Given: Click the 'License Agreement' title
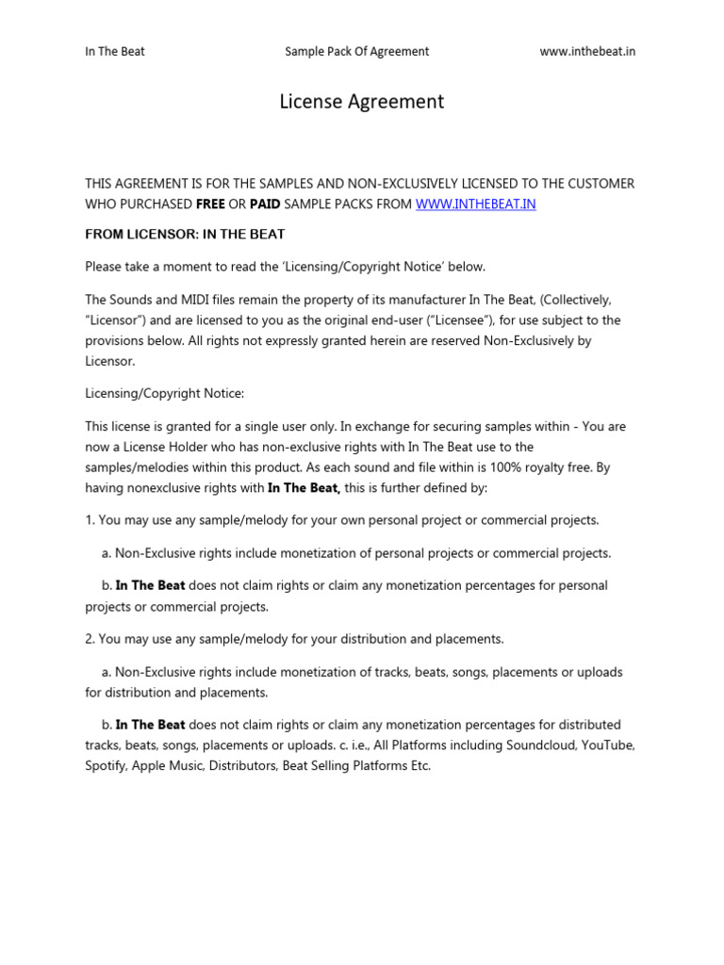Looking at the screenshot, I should tap(361, 102).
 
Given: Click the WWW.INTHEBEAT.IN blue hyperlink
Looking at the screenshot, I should tap(476, 204).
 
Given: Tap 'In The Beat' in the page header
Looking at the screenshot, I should tap(115, 51).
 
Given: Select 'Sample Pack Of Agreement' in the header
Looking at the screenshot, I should tap(356, 51).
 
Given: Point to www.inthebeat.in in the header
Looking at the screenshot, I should tap(587, 51).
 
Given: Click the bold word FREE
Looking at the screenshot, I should tap(210, 204).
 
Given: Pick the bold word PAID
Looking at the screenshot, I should tap(265, 204).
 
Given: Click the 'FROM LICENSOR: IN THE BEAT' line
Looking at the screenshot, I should tap(185, 234).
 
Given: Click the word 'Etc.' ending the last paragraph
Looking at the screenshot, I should tap(420, 766).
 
